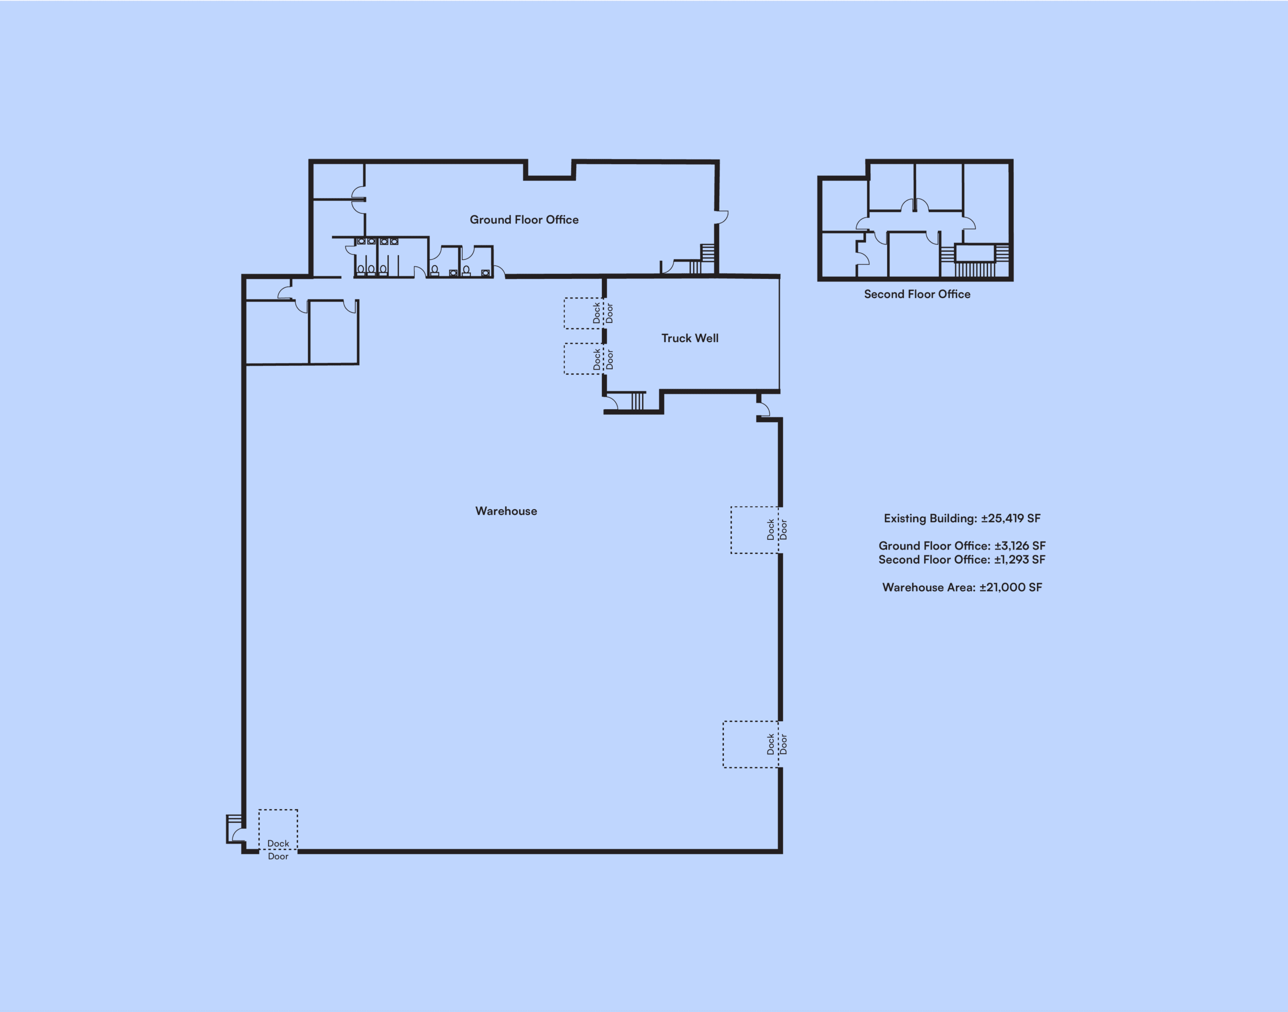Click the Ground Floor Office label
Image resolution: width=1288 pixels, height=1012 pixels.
tap(524, 220)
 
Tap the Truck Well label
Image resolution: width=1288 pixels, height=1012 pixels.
tap(690, 338)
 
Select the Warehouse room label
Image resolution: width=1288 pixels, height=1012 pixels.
tap(506, 511)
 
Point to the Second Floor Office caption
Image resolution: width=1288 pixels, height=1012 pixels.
tap(917, 294)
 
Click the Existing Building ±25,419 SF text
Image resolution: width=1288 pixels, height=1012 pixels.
tap(962, 518)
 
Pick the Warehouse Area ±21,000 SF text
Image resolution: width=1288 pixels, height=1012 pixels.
tap(962, 587)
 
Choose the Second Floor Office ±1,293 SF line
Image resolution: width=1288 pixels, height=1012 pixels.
tap(962, 559)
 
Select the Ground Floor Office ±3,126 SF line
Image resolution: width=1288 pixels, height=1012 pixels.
tap(962, 546)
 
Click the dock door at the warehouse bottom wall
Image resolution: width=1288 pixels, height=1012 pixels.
tap(278, 830)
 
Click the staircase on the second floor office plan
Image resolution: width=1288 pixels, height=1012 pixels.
tap(974, 261)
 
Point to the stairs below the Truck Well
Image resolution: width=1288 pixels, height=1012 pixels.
tap(637, 401)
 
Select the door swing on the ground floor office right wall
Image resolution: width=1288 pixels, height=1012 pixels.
tap(721, 217)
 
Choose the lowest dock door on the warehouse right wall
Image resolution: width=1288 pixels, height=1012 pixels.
tap(751, 744)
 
